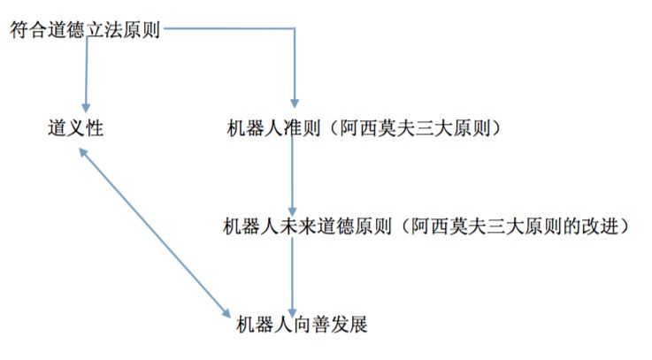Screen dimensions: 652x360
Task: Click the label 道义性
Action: coord(75,129)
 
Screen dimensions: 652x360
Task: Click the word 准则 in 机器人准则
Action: coord(296,129)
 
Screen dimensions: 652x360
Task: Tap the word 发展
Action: coord(349,325)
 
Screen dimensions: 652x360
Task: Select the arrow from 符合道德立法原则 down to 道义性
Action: coord(87,71)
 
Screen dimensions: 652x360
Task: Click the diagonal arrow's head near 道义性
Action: coord(82,152)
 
